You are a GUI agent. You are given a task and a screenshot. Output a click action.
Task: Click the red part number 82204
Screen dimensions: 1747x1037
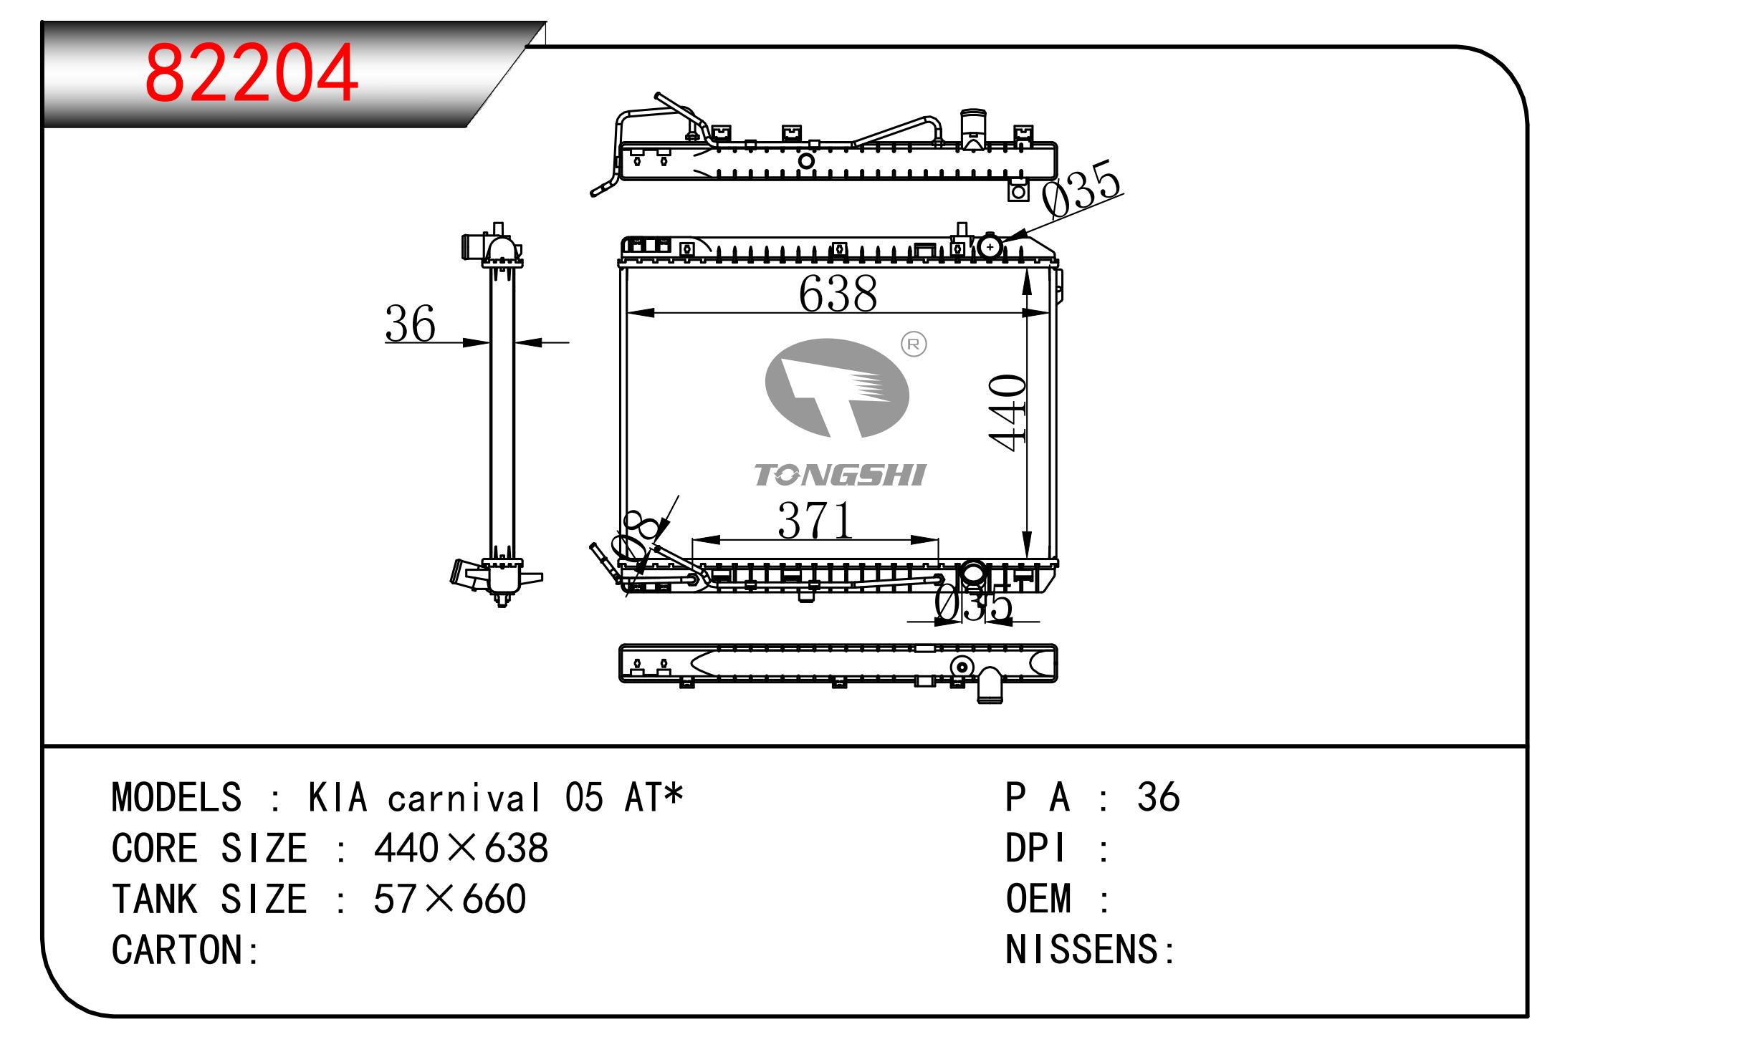(251, 73)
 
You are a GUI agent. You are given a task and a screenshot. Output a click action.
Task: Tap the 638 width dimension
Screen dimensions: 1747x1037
(838, 294)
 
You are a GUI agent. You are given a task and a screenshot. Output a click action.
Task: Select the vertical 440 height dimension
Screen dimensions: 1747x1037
(1007, 413)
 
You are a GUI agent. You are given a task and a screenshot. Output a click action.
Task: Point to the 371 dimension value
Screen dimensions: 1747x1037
(815, 520)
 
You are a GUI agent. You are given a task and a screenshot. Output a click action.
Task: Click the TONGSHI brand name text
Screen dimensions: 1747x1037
(840, 475)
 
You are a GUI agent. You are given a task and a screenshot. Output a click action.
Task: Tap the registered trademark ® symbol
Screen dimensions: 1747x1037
(913, 344)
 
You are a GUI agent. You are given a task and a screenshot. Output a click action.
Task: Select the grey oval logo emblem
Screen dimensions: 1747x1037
(837, 387)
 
